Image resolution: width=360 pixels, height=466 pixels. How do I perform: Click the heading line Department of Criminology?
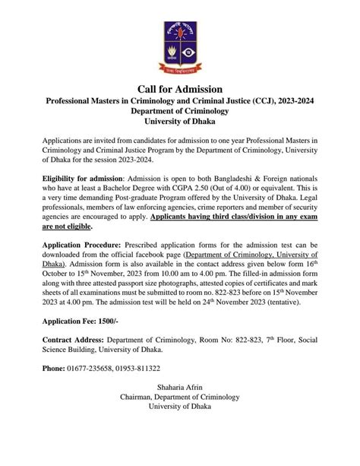(179, 111)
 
